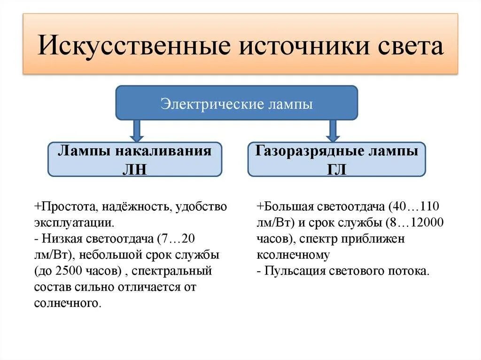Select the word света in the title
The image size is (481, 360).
[x=409, y=47]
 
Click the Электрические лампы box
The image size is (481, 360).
[x=237, y=103]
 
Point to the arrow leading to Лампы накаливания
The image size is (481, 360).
[x=137, y=130]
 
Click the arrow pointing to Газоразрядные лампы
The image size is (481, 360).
[x=333, y=130]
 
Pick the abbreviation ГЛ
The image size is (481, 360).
[x=336, y=169]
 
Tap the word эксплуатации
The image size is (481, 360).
[x=73, y=223]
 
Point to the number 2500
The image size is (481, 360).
[x=72, y=271]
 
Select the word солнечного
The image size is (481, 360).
[x=68, y=303]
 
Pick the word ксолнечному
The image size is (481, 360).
[x=293, y=255]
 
